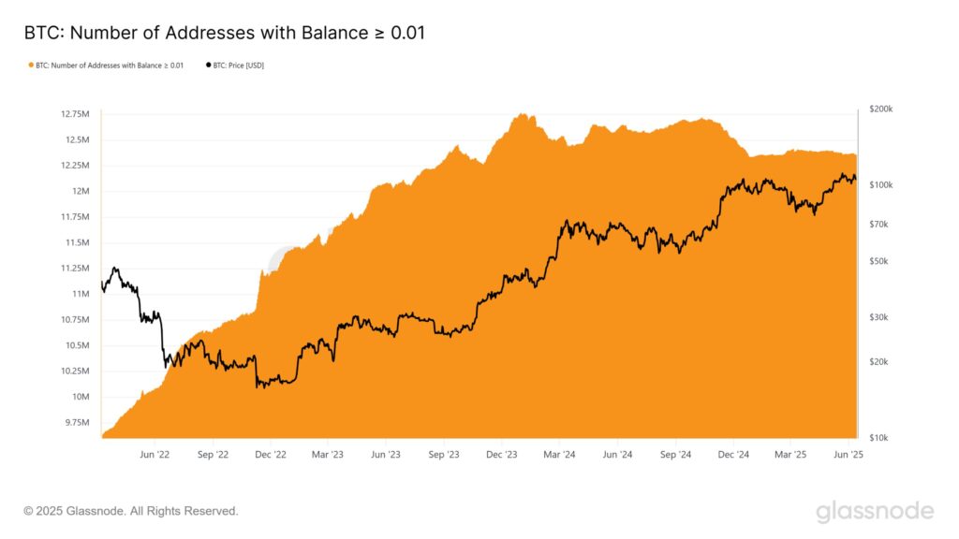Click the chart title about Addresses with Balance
coord(225,34)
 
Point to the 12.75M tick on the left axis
coord(75,114)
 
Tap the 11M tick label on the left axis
coord(80,294)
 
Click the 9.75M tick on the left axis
coord(77,423)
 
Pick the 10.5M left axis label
coord(77,345)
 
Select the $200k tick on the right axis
coord(880,109)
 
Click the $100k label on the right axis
coord(880,185)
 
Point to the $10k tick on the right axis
coord(880,438)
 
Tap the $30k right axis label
coord(880,318)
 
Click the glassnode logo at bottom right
coord(874,511)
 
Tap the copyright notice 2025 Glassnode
coord(131,511)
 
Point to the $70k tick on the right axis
coord(880,225)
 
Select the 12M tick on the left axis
coord(81,191)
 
